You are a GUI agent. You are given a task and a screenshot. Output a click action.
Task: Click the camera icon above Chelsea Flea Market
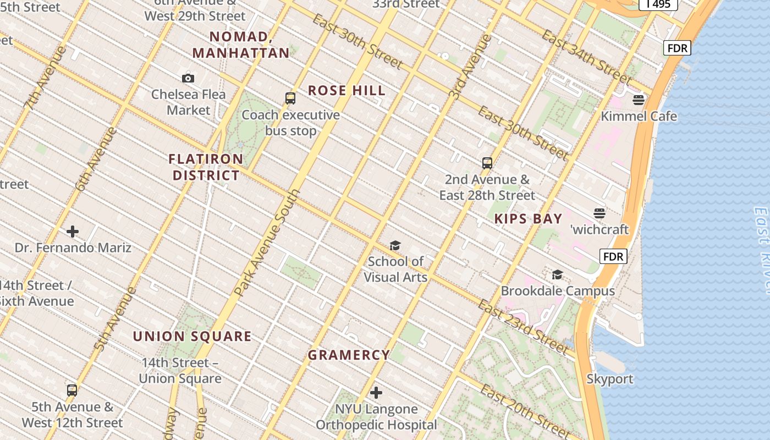coord(188,78)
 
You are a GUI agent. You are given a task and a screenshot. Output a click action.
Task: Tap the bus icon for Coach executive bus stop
coord(290,98)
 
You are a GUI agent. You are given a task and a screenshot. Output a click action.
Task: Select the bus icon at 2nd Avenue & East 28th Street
coord(487,163)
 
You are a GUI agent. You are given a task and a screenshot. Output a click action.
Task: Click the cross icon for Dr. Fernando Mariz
coord(73,232)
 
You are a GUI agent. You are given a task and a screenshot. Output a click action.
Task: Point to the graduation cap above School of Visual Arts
coord(395,245)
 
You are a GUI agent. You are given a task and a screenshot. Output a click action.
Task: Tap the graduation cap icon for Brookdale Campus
coord(557,274)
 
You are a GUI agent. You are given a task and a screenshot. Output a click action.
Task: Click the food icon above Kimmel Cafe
coord(639,100)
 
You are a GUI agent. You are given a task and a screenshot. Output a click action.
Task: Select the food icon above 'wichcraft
coord(599,213)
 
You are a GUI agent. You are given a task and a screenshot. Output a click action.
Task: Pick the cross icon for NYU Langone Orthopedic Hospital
coord(376,393)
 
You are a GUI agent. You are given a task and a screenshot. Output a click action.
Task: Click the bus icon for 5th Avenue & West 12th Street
coord(72,391)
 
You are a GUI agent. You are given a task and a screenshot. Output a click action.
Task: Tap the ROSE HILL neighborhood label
coord(346,91)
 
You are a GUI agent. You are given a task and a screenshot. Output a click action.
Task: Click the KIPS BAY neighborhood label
coord(528,219)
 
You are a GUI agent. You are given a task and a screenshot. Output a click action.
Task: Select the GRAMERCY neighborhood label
coord(349,355)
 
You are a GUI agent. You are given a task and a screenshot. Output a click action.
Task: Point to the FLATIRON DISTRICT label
coord(206,167)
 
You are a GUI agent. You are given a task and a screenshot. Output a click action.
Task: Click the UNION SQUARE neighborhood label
coord(192,337)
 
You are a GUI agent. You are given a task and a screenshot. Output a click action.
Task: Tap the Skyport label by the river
coord(609,379)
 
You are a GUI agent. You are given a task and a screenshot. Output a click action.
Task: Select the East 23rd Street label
coord(522,327)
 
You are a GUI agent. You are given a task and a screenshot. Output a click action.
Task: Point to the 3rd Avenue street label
coord(470,67)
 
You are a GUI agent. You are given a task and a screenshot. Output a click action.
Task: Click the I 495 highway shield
coord(658,4)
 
